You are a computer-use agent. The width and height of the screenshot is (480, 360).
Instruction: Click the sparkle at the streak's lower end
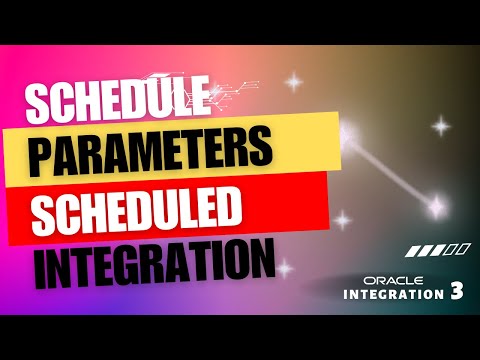(437, 207)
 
